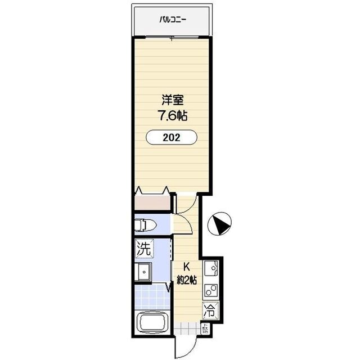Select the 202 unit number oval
pyautogui.click(x=172, y=138)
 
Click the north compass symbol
pyautogui.click(x=219, y=225)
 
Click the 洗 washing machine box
pyautogui.click(x=142, y=247)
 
